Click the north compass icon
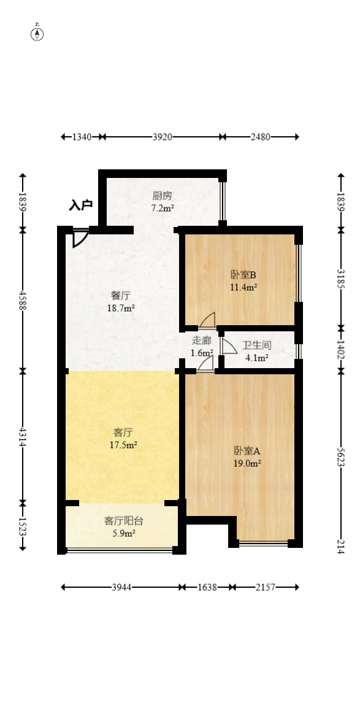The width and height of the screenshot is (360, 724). (37, 34)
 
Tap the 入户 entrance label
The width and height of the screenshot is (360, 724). (80, 205)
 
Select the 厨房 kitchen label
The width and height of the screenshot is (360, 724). (163, 196)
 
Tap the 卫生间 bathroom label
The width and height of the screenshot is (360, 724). (256, 346)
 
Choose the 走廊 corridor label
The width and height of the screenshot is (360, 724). (202, 341)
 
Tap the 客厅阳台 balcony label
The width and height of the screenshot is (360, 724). (123, 521)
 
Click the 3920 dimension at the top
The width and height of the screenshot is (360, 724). (162, 137)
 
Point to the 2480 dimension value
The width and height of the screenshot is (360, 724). (260, 137)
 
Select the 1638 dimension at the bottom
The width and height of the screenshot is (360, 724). (207, 587)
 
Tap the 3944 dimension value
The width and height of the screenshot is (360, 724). (121, 587)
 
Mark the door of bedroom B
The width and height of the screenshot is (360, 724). (207, 320)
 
